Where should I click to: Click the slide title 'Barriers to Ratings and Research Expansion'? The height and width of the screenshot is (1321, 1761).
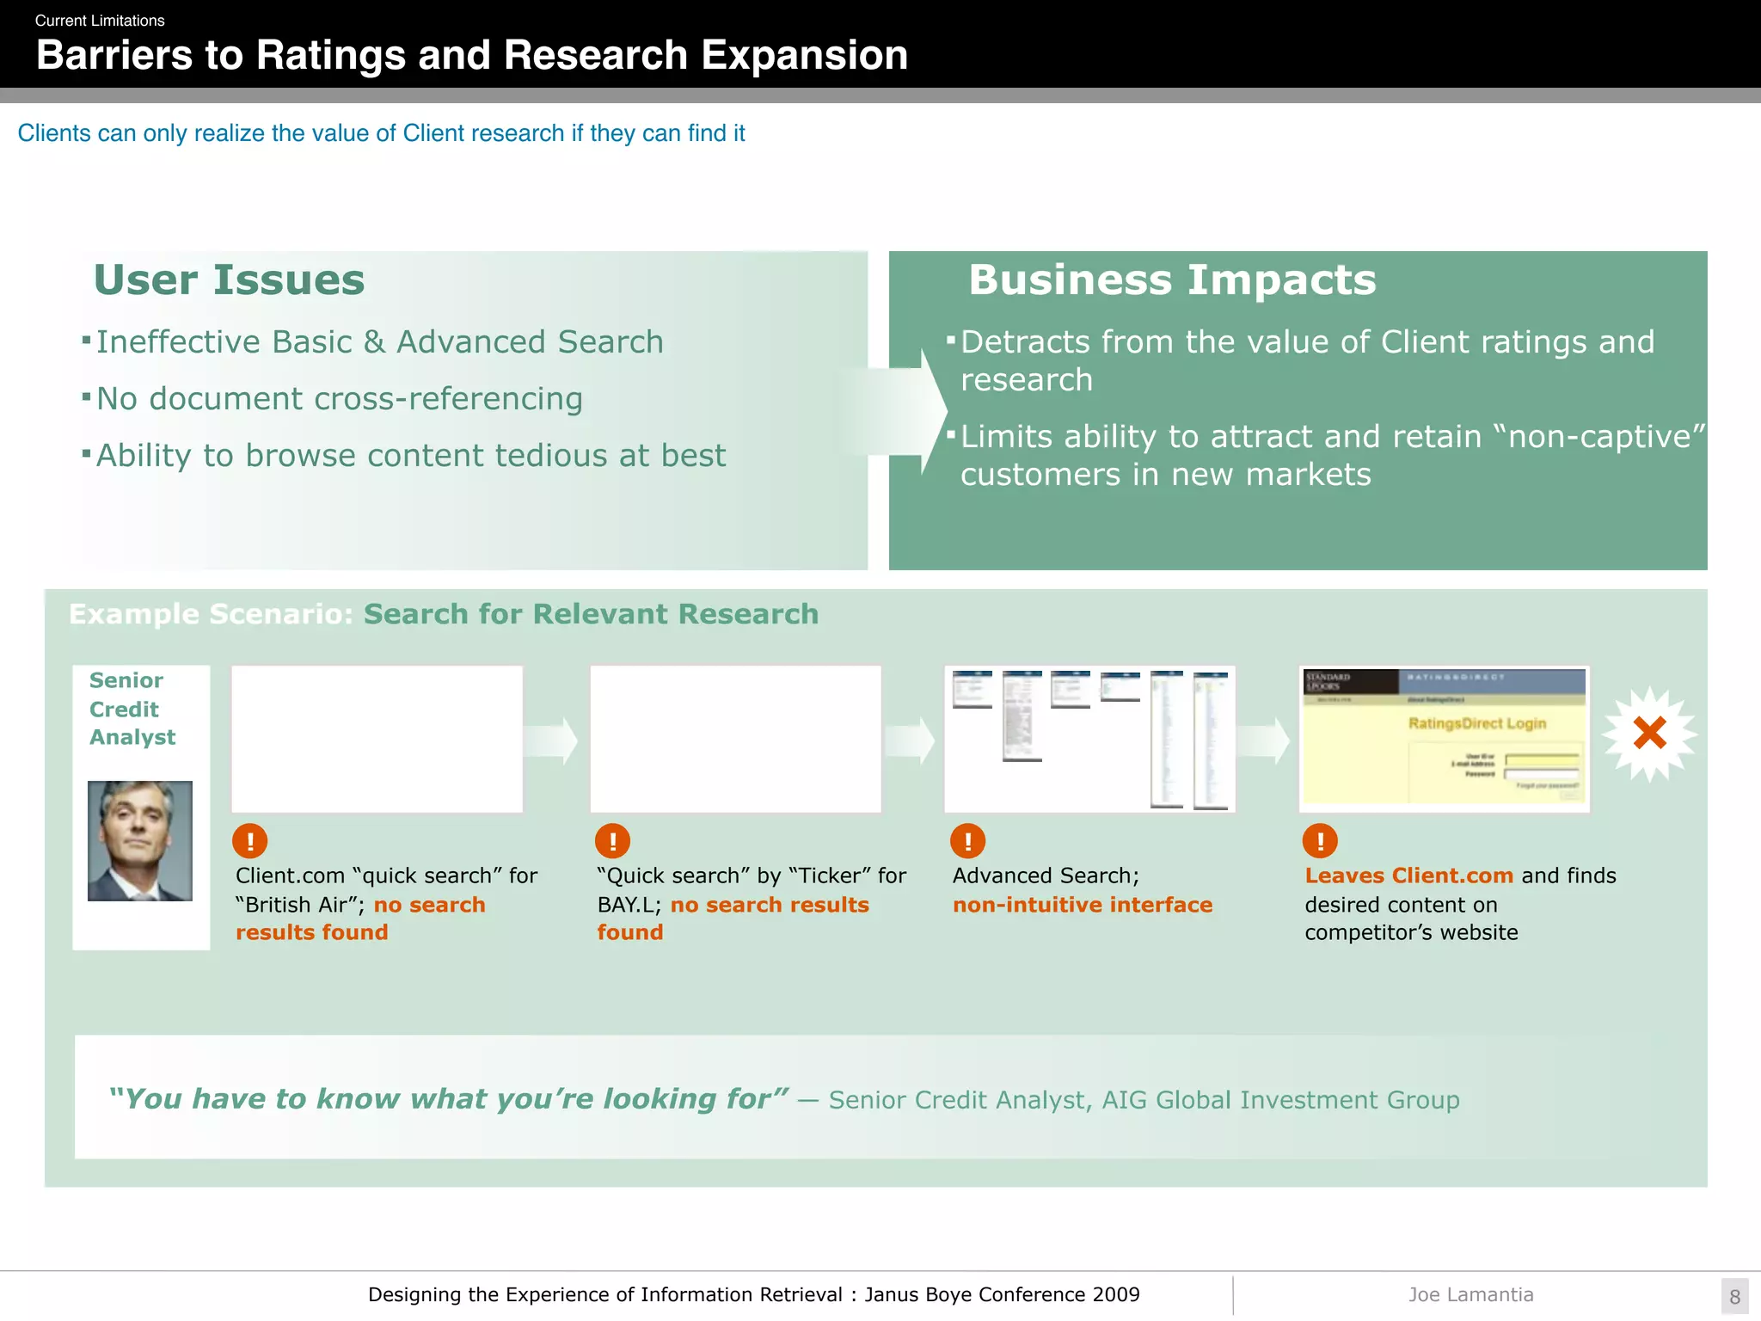tap(471, 56)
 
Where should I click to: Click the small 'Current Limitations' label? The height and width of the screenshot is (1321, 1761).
tap(100, 21)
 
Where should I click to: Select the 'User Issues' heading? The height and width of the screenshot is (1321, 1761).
tap(229, 280)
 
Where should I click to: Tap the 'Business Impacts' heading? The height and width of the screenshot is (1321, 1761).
tap(1172, 280)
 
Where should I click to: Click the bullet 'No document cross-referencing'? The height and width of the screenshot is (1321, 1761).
tap(339, 399)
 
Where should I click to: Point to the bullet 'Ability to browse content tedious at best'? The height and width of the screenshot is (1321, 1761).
tap(410, 456)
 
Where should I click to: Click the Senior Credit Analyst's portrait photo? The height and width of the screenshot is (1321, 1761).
tap(140, 840)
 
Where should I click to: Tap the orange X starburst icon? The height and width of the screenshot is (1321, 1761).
tap(1649, 734)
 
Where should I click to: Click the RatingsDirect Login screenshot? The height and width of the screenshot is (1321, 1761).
tap(1444, 738)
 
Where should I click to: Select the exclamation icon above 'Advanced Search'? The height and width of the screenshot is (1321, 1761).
tap(967, 840)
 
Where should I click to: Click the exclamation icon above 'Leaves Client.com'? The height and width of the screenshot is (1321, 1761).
tap(1320, 840)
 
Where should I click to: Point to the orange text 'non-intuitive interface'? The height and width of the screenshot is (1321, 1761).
tap(1082, 905)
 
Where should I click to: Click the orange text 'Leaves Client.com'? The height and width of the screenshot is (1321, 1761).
tap(1408, 876)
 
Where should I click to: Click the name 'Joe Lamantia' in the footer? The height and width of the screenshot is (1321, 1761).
tap(1470, 1294)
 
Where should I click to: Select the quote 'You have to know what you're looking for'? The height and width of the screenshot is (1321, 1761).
tap(447, 1099)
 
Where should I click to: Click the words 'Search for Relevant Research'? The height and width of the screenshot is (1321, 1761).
tap(591, 614)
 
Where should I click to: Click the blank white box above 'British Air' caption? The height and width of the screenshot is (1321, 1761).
tap(377, 738)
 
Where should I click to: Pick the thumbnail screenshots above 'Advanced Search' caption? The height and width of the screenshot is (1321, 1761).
tap(1089, 738)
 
